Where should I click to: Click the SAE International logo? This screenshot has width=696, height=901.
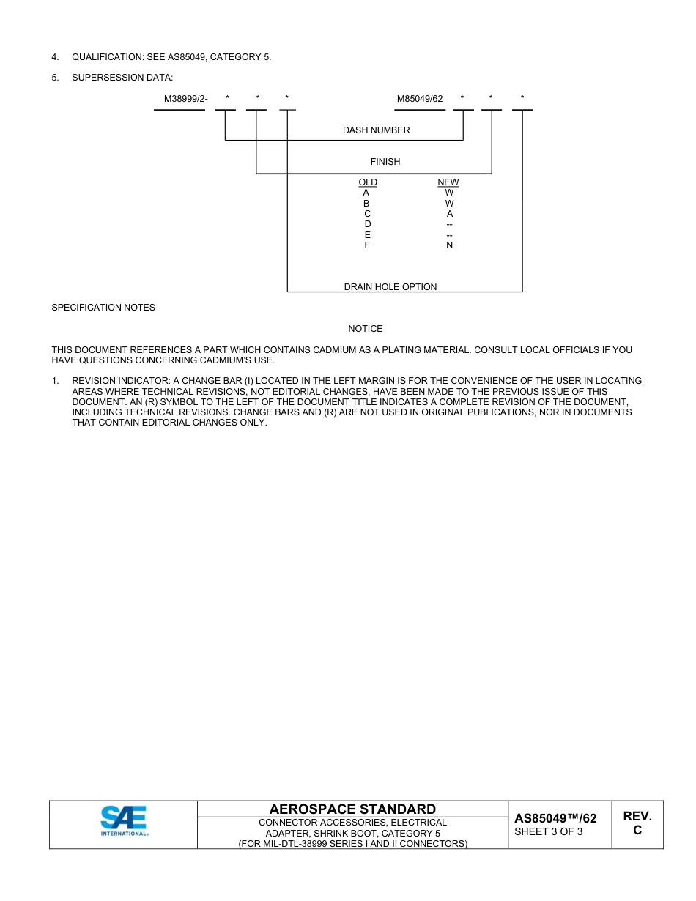[x=124, y=820]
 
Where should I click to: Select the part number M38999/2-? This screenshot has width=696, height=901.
[x=185, y=99]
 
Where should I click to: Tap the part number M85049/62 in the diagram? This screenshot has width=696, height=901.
[x=420, y=99]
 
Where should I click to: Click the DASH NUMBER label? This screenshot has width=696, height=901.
[x=376, y=130]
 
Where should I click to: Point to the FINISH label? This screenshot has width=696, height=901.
[x=385, y=162]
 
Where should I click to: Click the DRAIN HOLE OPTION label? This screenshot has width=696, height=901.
[x=390, y=287]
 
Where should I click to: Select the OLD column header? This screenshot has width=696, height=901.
[x=368, y=182]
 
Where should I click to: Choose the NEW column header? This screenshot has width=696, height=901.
[x=448, y=182]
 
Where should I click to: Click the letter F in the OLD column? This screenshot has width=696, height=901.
[x=367, y=245]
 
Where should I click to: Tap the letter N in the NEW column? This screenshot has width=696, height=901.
[x=449, y=245]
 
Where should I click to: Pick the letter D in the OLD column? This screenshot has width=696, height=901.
[x=367, y=224]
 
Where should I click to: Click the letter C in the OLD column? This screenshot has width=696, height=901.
[x=367, y=214]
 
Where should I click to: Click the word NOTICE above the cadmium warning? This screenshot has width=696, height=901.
[x=365, y=329]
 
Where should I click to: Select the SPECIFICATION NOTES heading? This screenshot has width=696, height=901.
[x=103, y=308]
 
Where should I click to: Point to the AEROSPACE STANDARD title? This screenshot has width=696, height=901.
[x=352, y=809]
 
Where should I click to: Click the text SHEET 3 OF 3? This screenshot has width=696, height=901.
[x=549, y=831]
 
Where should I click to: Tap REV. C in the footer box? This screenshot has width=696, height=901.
[x=637, y=823]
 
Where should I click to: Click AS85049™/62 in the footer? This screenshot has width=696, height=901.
[x=555, y=818]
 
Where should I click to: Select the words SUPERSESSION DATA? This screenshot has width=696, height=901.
[x=122, y=78]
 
